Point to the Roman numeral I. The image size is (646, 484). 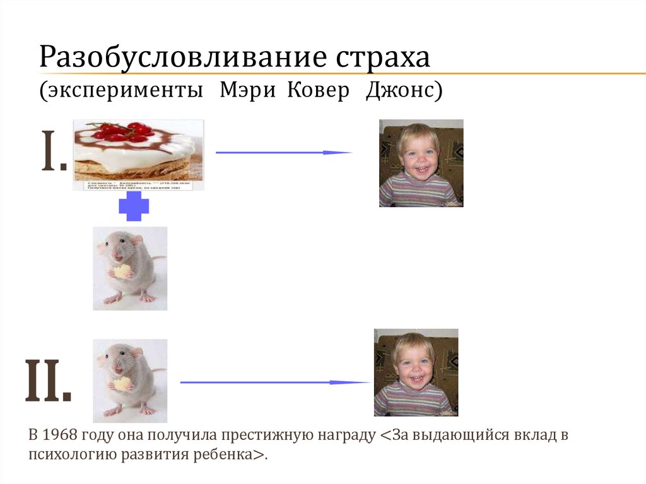pos(54,153)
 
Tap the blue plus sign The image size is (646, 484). pos(134,207)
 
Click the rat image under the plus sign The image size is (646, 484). pos(130,268)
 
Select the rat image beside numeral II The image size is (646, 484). pos(130,380)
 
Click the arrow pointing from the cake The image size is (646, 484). pos(283,152)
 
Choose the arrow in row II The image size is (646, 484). pos(275,382)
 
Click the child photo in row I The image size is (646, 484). pos(421,163)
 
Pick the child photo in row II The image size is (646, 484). pos(416,372)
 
